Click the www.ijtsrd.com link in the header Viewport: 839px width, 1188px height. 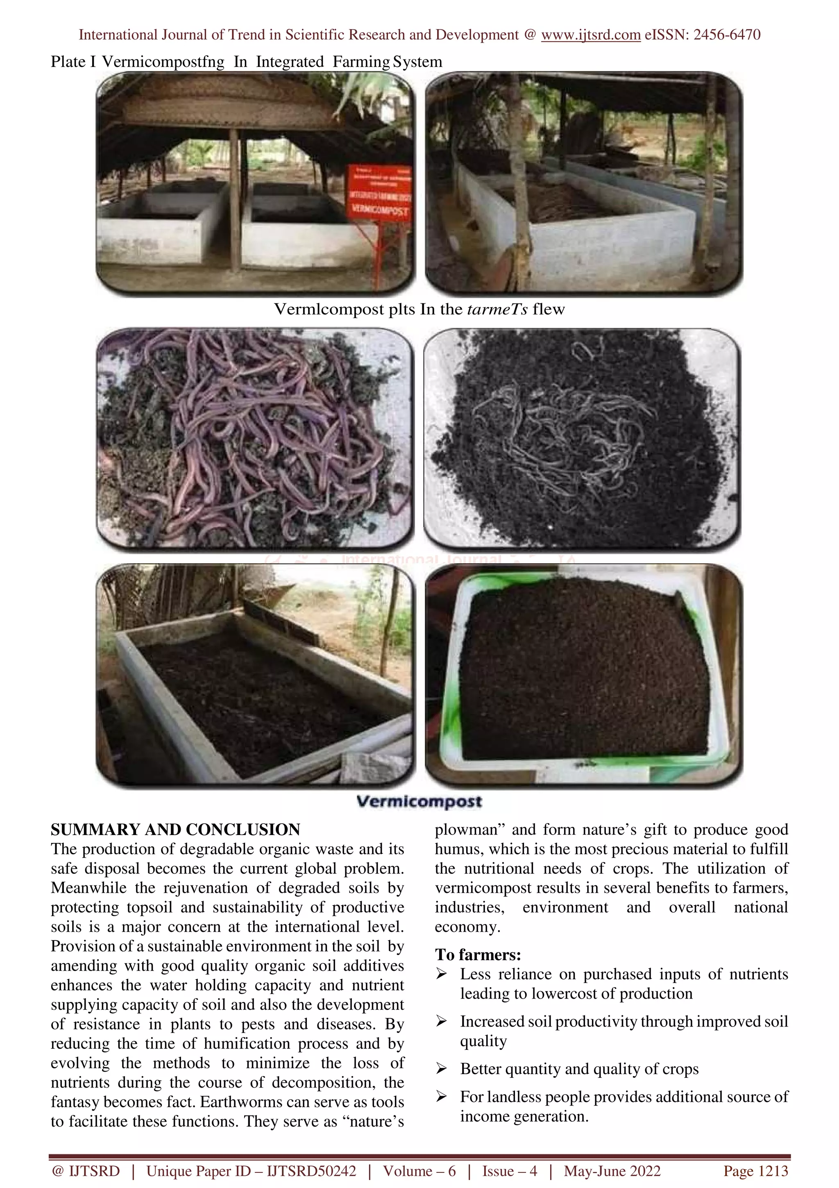coord(590,35)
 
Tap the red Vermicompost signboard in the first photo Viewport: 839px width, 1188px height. coord(379,193)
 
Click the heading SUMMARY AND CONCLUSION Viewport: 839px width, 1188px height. coord(175,830)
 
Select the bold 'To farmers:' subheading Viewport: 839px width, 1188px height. coord(478,955)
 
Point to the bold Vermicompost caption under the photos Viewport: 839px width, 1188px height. coord(419,802)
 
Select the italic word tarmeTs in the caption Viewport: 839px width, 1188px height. coord(497,310)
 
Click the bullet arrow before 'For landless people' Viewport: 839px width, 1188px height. coord(441,1097)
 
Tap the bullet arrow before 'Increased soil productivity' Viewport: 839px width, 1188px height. coord(441,1022)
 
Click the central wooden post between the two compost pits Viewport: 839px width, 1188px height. coord(235,202)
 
